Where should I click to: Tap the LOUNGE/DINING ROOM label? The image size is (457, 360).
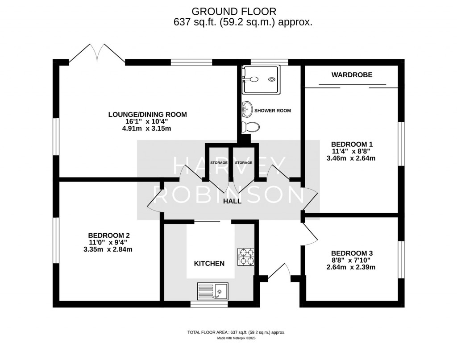click(147, 115)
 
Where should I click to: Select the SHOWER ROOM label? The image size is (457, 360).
click(272, 110)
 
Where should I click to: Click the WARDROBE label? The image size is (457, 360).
click(352, 75)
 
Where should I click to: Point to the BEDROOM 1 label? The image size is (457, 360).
click(352, 144)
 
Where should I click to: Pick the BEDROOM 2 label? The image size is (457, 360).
click(109, 235)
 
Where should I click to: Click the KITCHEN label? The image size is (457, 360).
click(209, 264)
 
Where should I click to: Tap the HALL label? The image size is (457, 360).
click(232, 201)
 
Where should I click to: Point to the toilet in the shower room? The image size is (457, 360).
click(250, 127)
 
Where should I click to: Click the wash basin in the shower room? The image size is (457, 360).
click(247, 108)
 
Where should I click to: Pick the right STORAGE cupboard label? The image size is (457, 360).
click(244, 163)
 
